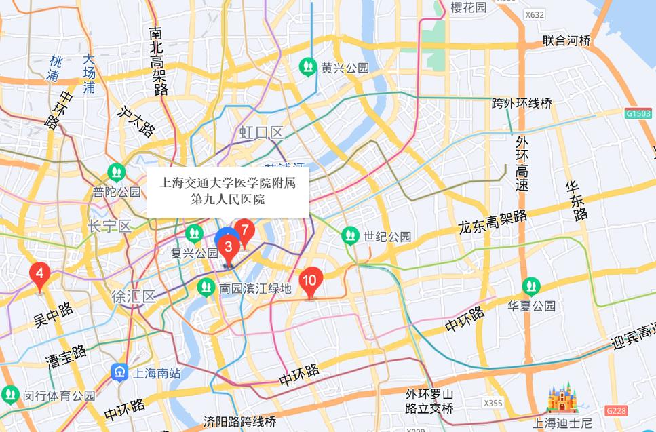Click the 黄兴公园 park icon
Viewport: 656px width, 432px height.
coord(309,67)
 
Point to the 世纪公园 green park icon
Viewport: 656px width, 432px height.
coord(350,236)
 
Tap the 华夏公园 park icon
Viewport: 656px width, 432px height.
coord(531,286)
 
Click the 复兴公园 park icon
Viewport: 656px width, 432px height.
coord(195,234)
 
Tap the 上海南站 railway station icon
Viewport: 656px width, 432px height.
coord(119,372)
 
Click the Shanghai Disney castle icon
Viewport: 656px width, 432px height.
coord(562,399)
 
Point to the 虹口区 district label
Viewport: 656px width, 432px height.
coord(261,132)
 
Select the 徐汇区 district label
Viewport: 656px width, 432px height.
coord(134,296)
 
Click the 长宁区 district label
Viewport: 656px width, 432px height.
coord(110,226)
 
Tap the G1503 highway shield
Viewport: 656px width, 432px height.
coord(638,113)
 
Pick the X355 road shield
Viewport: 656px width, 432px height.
coord(493,403)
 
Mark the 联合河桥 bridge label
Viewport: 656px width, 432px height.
coord(566,41)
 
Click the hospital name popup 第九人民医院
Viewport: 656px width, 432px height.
coord(228,191)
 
